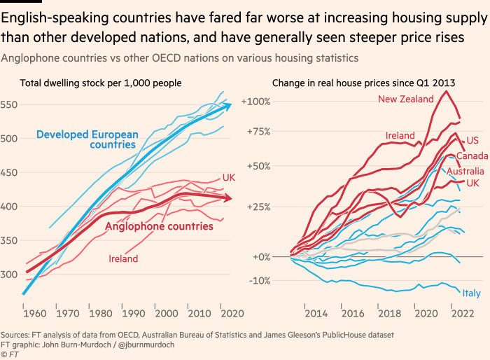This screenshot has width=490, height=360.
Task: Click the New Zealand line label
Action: tap(406, 99)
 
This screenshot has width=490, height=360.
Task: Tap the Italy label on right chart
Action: tap(471, 293)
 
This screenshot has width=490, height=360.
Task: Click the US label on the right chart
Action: tap(472, 140)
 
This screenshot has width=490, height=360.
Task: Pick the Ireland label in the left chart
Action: tap(123, 259)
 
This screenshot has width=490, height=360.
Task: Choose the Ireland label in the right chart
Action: tap(400, 135)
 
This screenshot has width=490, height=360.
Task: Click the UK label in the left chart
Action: tap(229, 177)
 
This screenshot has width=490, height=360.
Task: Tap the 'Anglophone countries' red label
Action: tap(159, 226)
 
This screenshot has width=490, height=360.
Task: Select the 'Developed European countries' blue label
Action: tap(87, 139)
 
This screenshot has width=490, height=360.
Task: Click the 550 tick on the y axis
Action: tap(10, 104)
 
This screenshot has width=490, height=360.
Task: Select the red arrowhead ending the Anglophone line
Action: tap(230, 199)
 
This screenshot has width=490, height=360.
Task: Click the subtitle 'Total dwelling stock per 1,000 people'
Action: tap(101, 83)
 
